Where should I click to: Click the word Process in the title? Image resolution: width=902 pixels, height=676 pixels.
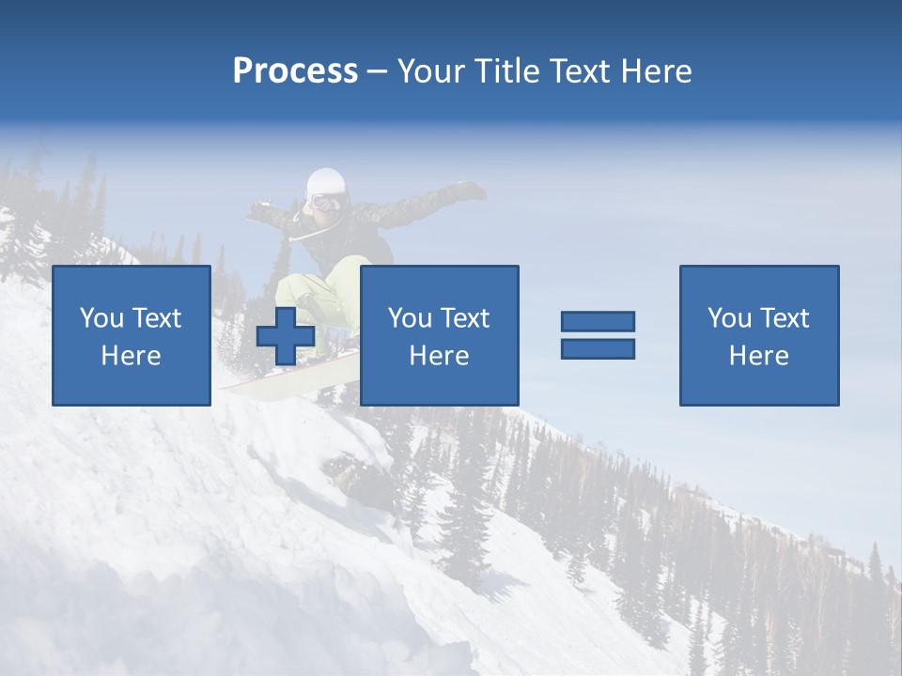coord(295,71)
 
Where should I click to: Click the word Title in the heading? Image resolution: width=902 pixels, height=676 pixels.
coord(505,71)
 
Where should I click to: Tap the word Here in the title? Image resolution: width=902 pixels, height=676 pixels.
coord(657,71)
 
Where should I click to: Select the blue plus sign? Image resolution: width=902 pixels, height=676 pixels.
coord(286,336)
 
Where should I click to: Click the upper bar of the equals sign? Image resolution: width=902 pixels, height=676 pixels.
coord(598,321)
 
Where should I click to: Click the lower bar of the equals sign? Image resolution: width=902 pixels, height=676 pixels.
coord(598,349)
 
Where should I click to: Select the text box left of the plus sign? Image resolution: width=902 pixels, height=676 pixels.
coord(132,335)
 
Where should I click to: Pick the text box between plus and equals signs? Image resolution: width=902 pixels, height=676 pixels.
coord(439,335)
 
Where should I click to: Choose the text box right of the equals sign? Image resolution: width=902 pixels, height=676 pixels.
coord(759,335)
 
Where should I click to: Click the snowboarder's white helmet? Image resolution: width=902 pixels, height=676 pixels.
coord(326,181)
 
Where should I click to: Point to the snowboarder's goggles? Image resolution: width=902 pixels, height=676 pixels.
coord(327,202)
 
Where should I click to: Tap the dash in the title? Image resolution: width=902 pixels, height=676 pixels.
coord(378,72)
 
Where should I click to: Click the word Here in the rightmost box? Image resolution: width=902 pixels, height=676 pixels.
coord(759,356)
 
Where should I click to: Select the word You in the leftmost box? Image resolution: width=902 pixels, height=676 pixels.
coord(101,318)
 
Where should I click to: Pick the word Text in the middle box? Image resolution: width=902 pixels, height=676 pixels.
coord(465,318)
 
